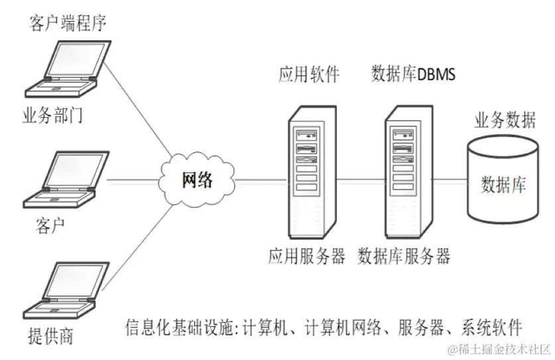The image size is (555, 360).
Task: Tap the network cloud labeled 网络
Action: [x=198, y=180]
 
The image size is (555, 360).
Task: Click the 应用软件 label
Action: [x=308, y=75]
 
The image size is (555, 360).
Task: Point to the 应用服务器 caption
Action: [x=307, y=256]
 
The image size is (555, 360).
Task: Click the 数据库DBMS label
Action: [x=413, y=75]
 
